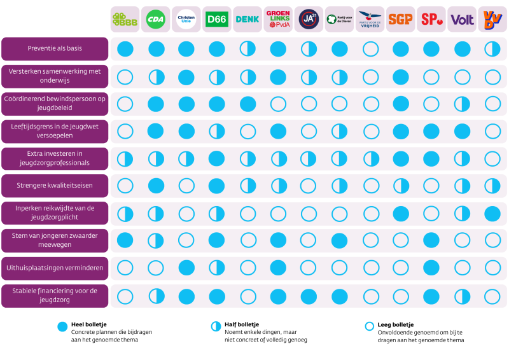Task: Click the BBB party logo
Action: [x=125, y=20]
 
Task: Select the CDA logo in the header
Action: [x=156, y=20]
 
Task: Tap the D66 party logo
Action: [x=217, y=20]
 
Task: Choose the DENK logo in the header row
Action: [x=248, y=20]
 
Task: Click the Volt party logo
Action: [x=462, y=20]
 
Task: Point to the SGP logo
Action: [x=400, y=20]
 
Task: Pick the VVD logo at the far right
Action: [x=492, y=20]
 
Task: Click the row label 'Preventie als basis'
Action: [x=55, y=48]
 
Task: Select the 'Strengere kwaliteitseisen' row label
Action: [x=55, y=186]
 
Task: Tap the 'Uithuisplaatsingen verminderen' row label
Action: [x=55, y=268]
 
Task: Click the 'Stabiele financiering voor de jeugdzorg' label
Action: [x=55, y=295]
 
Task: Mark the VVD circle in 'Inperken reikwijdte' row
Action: [x=492, y=213]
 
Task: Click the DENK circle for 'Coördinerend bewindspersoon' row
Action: [x=248, y=104]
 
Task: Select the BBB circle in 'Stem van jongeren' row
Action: [x=125, y=240]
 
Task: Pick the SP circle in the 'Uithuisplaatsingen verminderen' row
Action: [x=431, y=268]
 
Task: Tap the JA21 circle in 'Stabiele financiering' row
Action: [x=309, y=295]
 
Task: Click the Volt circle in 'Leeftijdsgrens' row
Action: [x=462, y=131]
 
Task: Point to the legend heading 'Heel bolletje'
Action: [x=87, y=324]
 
